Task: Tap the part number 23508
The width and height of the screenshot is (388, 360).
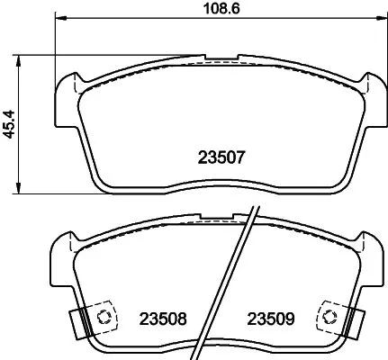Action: point(162,318)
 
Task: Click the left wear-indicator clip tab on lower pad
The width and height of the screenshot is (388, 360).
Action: point(78,319)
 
